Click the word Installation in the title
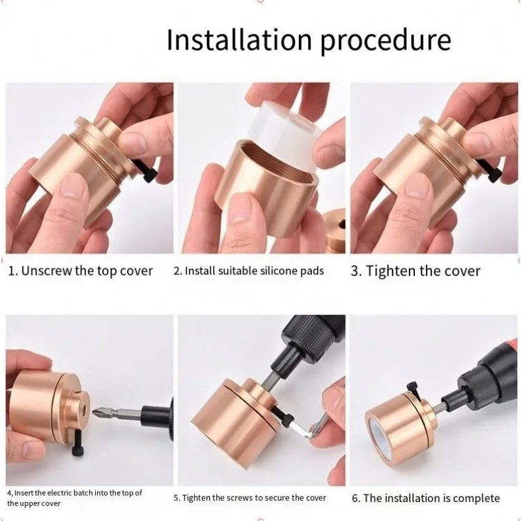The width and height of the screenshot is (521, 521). point(239,40)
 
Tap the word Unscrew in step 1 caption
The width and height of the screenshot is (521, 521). point(46,271)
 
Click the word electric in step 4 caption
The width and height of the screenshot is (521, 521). point(59,493)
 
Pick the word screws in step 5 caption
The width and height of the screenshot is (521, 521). point(241,498)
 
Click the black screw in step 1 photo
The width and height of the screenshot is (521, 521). point(145,169)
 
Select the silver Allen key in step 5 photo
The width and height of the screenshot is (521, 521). point(307,428)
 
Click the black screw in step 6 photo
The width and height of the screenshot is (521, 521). point(413,391)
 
